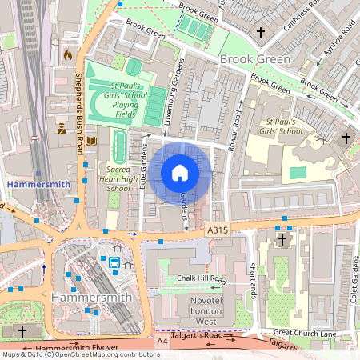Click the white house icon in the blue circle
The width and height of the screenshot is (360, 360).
[180, 172]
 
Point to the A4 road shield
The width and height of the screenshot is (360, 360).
[163, 342]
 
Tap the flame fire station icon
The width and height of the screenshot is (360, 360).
[67, 55]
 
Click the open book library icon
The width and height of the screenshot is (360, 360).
[91, 141]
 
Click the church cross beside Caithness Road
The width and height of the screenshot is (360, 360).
[260, 33]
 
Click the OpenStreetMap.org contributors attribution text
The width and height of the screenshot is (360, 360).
[104, 354]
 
